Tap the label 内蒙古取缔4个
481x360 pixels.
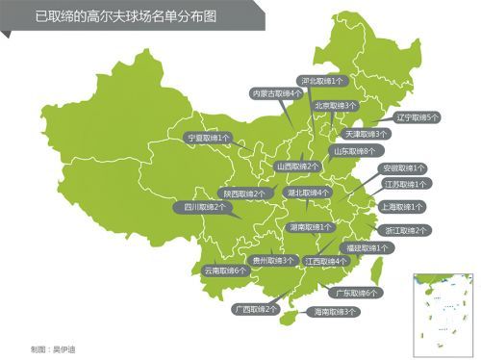point(275,93)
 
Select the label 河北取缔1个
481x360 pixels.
point(325,82)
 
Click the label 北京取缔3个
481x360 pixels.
point(335,105)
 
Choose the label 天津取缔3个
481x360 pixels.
point(366,134)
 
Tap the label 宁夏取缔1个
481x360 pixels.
point(208,138)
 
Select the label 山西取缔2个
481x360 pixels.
point(298,166)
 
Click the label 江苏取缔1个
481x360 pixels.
point(406,183)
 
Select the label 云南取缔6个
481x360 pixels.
point(225,270)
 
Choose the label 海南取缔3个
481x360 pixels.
point(331,312)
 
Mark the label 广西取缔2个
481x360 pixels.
point(254,309)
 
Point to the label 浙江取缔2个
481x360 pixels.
point(407,230)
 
